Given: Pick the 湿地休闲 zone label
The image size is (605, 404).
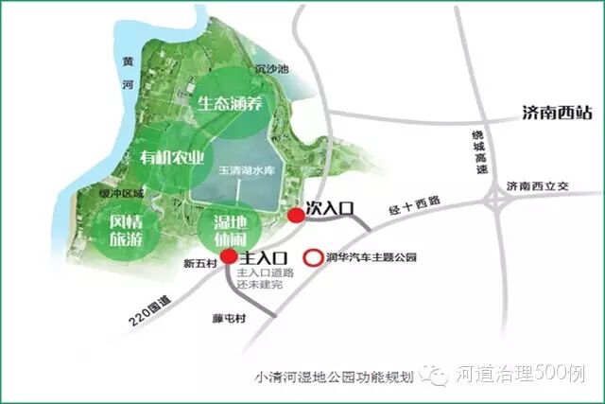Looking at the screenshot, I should tap(223, 230).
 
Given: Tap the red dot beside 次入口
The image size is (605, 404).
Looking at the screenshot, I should tap(297, 216).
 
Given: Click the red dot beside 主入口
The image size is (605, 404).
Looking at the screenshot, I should tap(230, 256).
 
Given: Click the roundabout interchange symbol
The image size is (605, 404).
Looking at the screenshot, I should tap(495, 200).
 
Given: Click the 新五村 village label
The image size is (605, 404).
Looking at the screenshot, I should tap(199, 263).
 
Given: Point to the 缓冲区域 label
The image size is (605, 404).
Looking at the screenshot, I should tap(122, 194).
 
